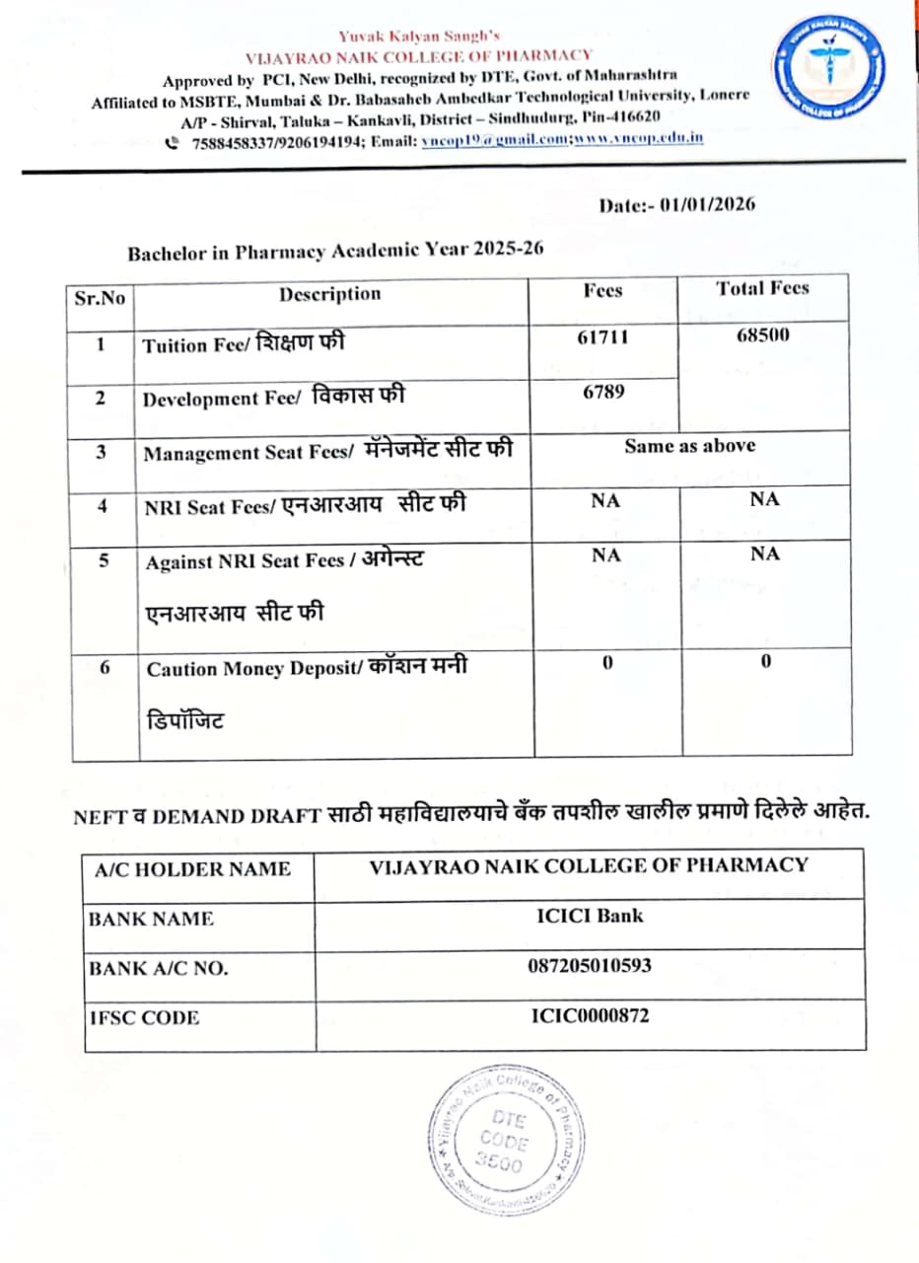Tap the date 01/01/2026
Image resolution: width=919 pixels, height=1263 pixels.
[708, 205]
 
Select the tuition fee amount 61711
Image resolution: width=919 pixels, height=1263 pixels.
[602, 337]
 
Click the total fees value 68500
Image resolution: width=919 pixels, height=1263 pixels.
[762, 335]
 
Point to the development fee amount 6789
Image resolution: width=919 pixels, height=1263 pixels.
[602, 391]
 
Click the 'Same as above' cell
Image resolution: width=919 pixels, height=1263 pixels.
[689, 446]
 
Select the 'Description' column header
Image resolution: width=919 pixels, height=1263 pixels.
[329, 294]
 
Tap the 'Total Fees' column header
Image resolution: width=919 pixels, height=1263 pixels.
[762, 288]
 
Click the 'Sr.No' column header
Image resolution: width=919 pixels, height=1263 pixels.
[101, 297]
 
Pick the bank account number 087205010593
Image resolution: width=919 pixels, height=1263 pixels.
[590, 965]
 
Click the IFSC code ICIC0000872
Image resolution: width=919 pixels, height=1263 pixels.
[590, 1015]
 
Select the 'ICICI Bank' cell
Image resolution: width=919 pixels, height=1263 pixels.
[590, 915]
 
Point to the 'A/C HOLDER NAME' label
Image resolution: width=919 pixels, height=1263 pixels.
[192, 869]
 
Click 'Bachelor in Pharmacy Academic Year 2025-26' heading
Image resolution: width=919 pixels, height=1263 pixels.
[335, 252]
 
